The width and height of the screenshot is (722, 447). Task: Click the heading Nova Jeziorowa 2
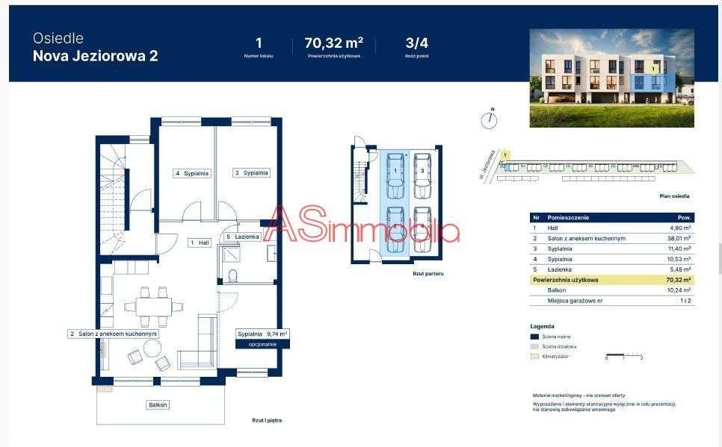(95, 56)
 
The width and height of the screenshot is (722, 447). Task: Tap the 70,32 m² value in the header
(333, 43)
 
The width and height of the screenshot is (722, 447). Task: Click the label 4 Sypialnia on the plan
(192, 173)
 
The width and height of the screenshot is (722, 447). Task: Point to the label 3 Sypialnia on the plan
(250, 173)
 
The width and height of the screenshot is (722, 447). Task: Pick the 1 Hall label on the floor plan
(198, 243)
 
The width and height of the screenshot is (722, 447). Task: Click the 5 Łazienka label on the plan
(242, 237)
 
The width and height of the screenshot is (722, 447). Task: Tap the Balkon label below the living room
(157, 404)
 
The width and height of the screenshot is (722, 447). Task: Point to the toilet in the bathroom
(232, 276)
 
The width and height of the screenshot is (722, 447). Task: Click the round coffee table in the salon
(152, 348)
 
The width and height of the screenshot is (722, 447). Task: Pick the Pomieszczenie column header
(568, 217)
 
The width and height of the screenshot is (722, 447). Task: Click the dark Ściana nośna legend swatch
(534, 337)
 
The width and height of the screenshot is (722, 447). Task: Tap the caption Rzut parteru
(428, 274)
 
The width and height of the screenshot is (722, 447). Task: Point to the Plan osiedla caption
(674, 196)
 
